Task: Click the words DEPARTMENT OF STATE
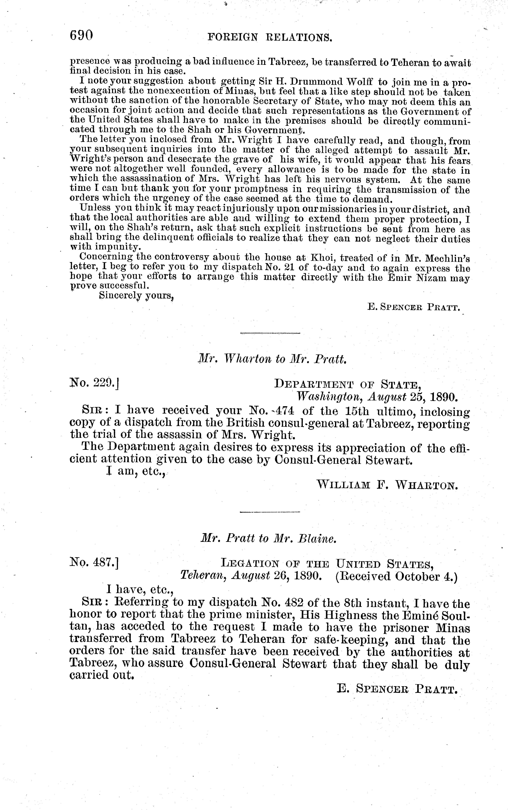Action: (x=348, y=384)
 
